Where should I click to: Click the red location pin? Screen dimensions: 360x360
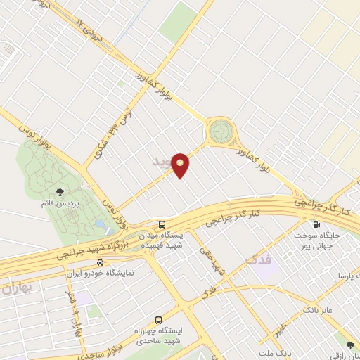181,165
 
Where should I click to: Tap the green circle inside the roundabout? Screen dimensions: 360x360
220,131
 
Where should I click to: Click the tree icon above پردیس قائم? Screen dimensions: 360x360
60,191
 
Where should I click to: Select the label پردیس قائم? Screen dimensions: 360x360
60,204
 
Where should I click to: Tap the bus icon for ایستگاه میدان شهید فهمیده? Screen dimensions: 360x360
163,226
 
